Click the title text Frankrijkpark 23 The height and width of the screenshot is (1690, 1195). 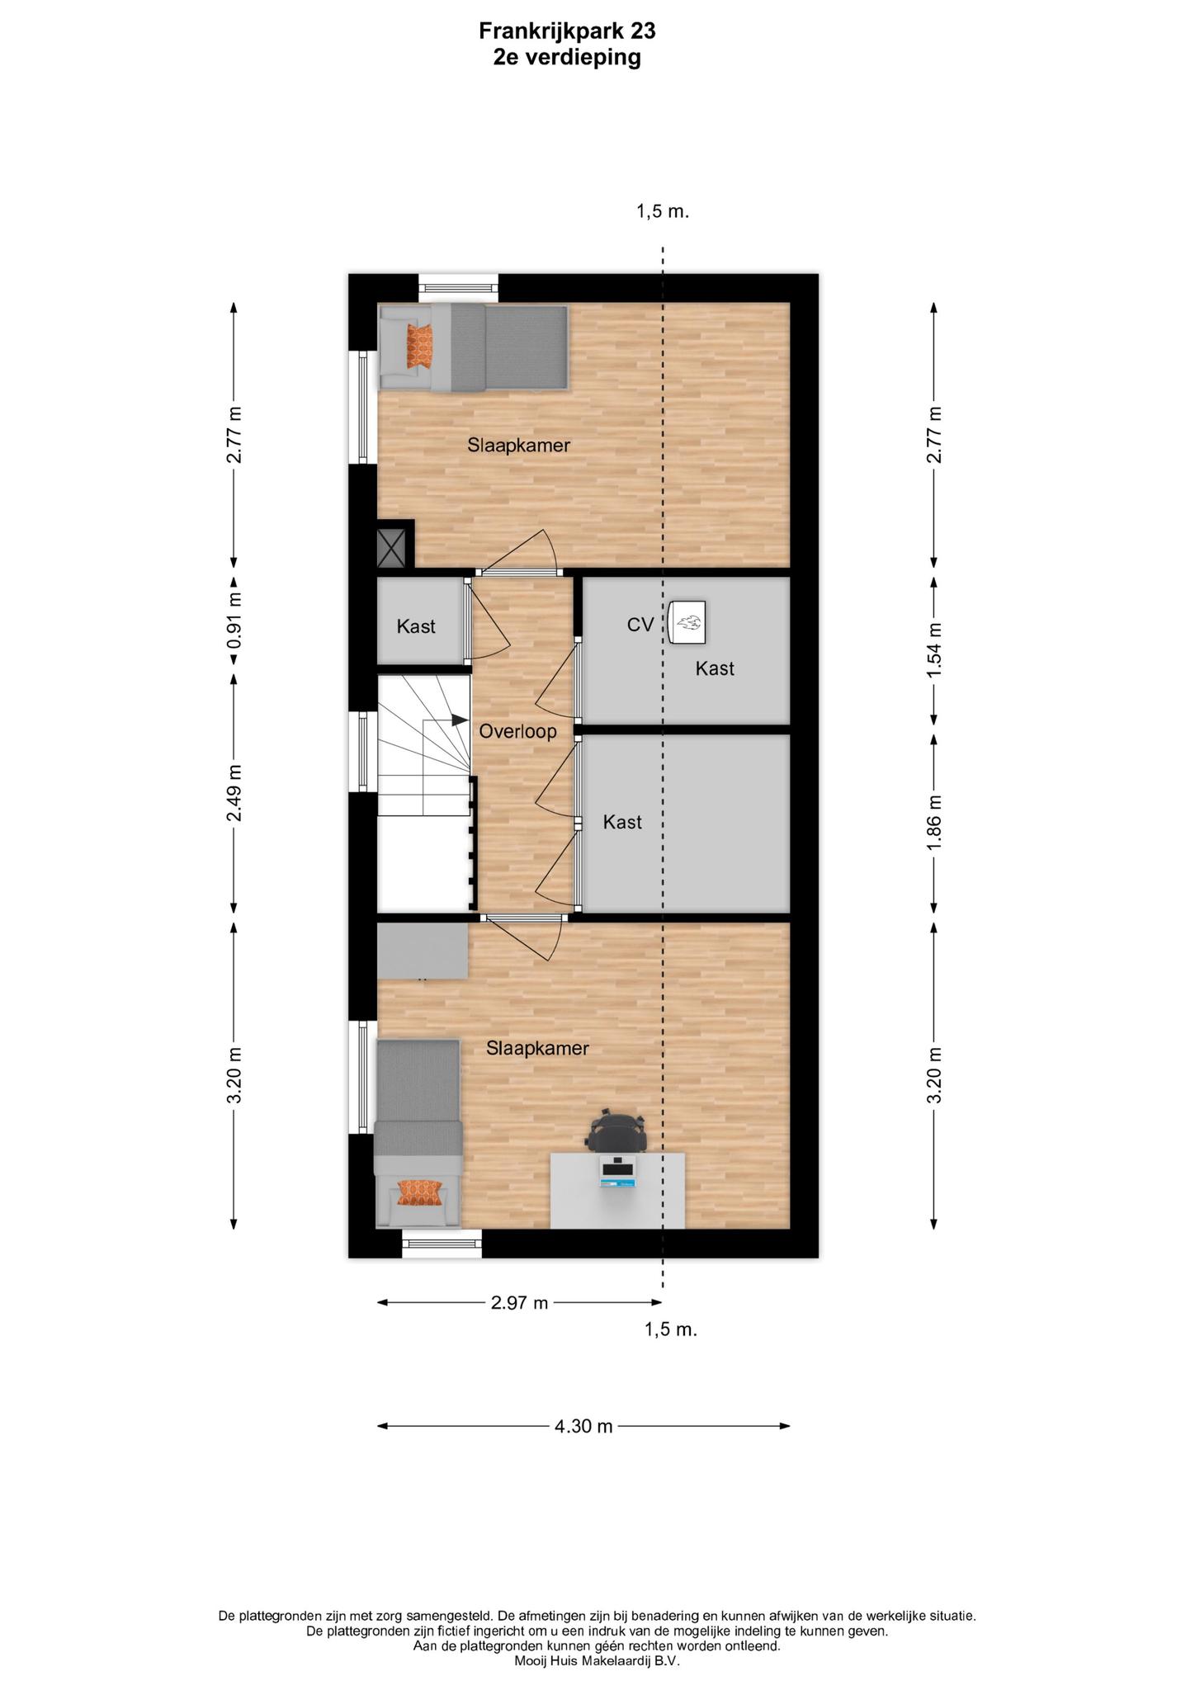click(x=567, y=31)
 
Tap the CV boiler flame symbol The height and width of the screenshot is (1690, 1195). click(x=687, y=621)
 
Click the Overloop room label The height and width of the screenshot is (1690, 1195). click(x=517, y=731)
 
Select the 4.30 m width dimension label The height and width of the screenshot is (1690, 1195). click(x=583, y=1426)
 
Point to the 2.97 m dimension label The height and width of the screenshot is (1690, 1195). click(x=519, y=1303)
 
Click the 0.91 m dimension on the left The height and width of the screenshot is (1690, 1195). click(x=234, y=621)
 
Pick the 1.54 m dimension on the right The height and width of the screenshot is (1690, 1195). click(x=934, y=650)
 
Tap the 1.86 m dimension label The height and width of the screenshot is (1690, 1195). click(x=934, y=824)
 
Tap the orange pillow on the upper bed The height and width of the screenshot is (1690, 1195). click(x=419, y=347)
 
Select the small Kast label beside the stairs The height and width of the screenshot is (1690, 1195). click(x=416, y=626)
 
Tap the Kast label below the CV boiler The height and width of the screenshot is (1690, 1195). click(x=715, y=668)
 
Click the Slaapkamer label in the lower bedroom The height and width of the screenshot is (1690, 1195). click(x=537, y=1048)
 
